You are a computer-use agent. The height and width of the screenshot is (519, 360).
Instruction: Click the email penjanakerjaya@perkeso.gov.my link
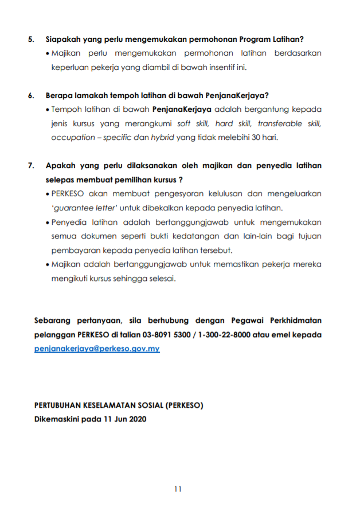[97, 349]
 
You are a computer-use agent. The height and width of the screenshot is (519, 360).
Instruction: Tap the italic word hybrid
[162, 138]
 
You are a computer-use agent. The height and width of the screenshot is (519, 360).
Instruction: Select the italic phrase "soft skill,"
[194, 123]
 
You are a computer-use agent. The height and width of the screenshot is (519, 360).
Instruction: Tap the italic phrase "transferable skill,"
[289, 123]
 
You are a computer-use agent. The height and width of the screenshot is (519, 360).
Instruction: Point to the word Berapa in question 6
[59, 96]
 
